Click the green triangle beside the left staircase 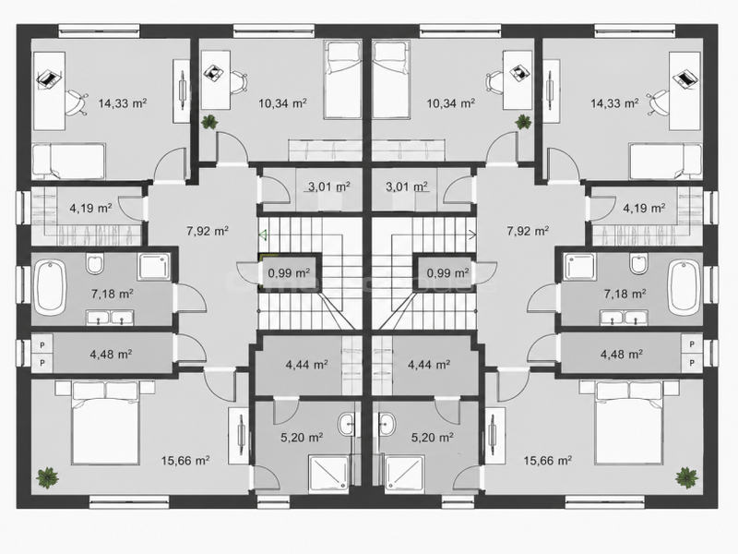263,234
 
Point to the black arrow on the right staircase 472,232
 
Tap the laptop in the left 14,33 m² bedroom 49,78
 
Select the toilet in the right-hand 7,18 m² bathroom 638,264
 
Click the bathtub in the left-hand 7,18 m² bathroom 50,288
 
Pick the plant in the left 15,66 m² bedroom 48,478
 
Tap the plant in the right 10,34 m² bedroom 523,122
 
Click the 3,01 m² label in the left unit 329,187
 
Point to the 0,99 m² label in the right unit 447,272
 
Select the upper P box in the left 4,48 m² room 42,344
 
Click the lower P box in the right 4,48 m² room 692,362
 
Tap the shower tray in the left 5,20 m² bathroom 328,475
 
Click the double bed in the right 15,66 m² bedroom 629,423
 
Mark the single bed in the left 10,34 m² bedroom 343,80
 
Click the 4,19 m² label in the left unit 90,208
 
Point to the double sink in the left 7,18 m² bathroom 110,318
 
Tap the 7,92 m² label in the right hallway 528,232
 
